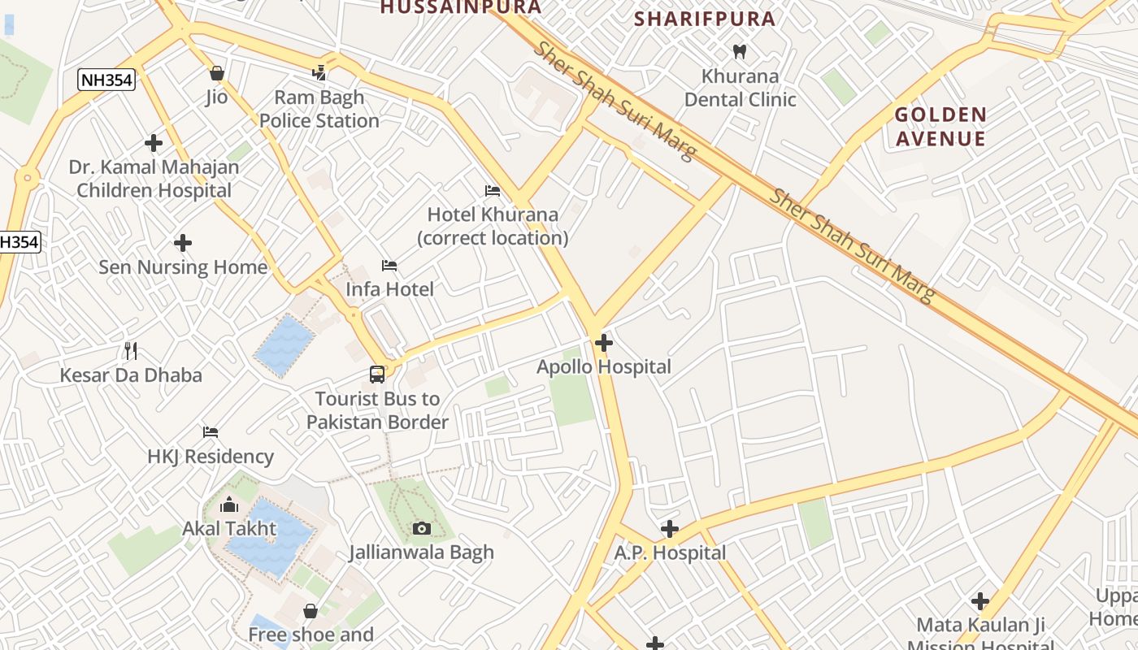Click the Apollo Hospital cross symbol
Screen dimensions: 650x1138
coord(603,343)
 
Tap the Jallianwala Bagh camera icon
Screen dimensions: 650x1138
coord(421,529)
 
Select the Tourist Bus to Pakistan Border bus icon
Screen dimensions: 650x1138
coord(377,375)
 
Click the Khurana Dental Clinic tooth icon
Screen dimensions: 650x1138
coord(739,52)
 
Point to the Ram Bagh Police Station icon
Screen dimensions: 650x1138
coord(319,73)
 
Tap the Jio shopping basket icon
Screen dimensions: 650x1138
coord(216,74)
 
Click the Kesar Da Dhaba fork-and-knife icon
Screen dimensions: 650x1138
coord(131,351)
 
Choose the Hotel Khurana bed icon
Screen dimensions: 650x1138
coord(493,191)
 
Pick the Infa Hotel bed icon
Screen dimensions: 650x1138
coord(389,266)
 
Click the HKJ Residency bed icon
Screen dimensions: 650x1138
coord(211,431)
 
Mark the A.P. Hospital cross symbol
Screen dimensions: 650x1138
coord(669,530)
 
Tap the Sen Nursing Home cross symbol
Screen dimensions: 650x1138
coord(183,243)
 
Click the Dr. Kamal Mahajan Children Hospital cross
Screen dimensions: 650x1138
coord(154,144)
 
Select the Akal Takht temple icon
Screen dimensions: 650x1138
coord(229,504)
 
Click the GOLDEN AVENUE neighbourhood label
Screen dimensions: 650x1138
coord(940,126)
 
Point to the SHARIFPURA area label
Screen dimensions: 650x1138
coord(705,19)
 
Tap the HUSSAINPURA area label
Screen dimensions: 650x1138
coord(460,7)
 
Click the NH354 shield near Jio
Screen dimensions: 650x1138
coord(106,80)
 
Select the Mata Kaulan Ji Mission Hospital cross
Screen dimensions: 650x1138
coord(980,601)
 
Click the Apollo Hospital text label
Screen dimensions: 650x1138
coord(604,367)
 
